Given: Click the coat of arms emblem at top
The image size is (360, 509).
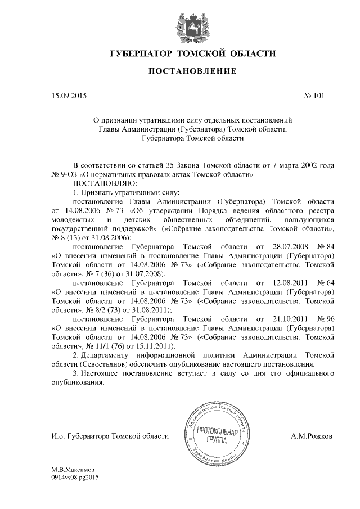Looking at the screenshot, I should [x=181, y=23].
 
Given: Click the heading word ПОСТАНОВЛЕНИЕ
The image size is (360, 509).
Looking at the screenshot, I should [x=180, y=71].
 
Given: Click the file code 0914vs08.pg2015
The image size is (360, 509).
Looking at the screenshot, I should [x=75, y=476].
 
